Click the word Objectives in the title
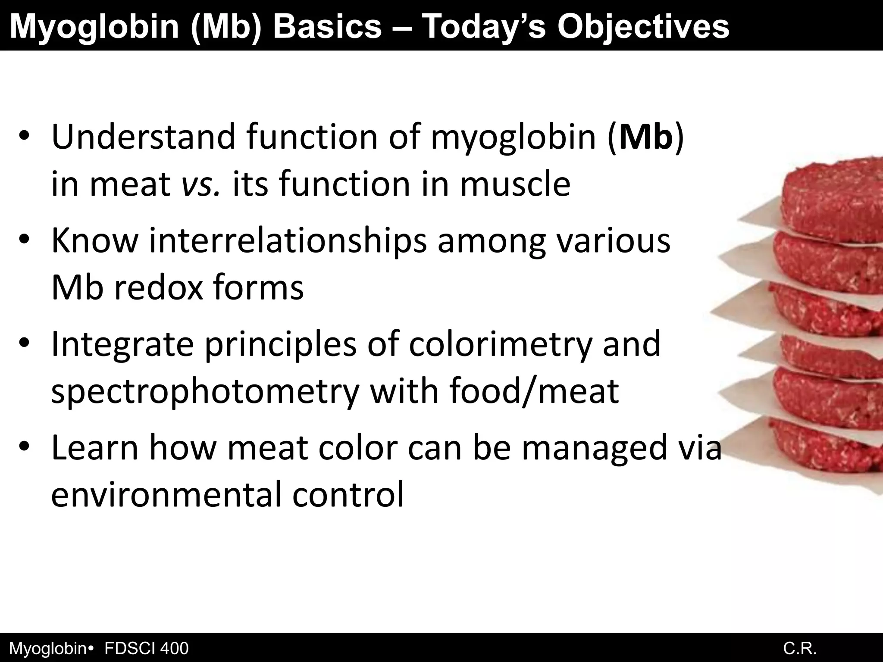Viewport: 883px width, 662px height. pyautogui.click(x=643, y=27)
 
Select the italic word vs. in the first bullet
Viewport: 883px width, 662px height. pyautogui.click(x=201, y=184)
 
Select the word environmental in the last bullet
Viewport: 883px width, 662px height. pyautogui.click(x=166, y=495)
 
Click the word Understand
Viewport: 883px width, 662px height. pyautogui.click(x=143, y=137)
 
